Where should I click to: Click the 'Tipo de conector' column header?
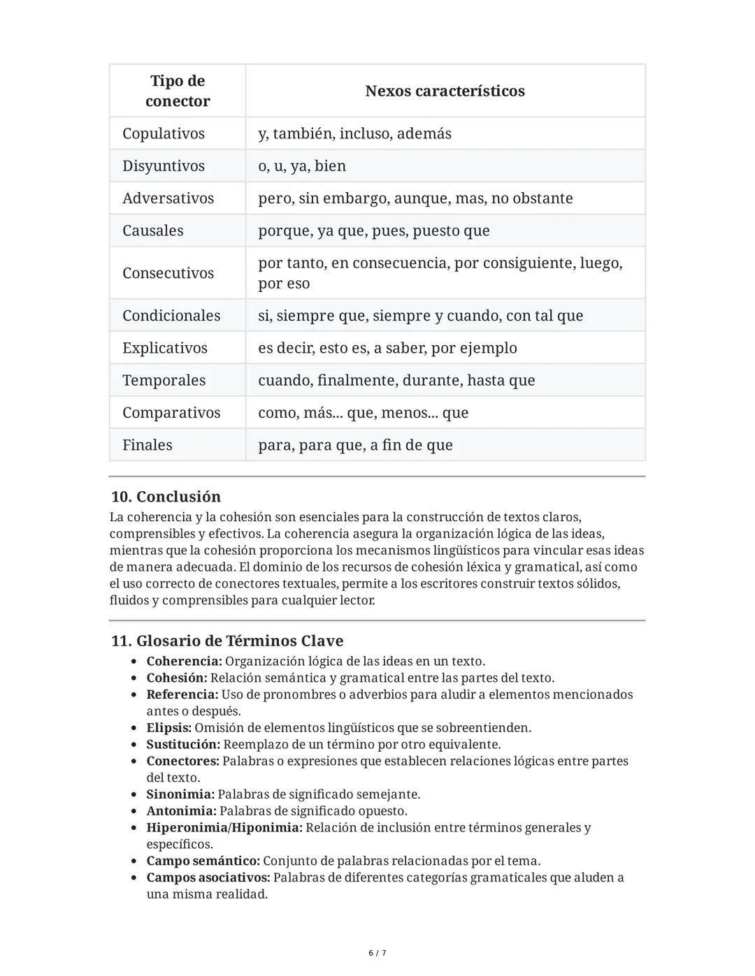click(178, 91)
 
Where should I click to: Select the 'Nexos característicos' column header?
click(445, 91)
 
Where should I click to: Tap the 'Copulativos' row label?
click(164, 133)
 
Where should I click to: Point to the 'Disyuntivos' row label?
click(164, 166)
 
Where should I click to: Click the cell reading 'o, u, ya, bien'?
click(302, 166)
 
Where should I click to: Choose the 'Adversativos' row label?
click(168, 198)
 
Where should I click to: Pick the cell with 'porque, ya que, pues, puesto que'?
click(374, 231)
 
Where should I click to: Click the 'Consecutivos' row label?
click(168, 272)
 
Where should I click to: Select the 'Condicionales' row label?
click(171, 315)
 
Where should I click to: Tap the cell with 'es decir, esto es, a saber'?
click(387, 348)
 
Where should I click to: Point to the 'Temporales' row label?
click(164, 380)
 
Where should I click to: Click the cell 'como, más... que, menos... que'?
click(363, 412)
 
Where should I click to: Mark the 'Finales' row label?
click(147, 445)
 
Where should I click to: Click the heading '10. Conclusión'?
click(166, 497)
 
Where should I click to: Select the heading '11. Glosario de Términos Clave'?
click(227, 641)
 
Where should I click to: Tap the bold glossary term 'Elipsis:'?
click(168, 728)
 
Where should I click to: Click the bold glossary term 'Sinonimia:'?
click(180, 794)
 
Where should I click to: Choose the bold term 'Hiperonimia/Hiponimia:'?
click(224, 828)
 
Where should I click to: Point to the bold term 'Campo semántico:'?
click(203, 861)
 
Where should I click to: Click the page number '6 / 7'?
click(377, 953)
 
